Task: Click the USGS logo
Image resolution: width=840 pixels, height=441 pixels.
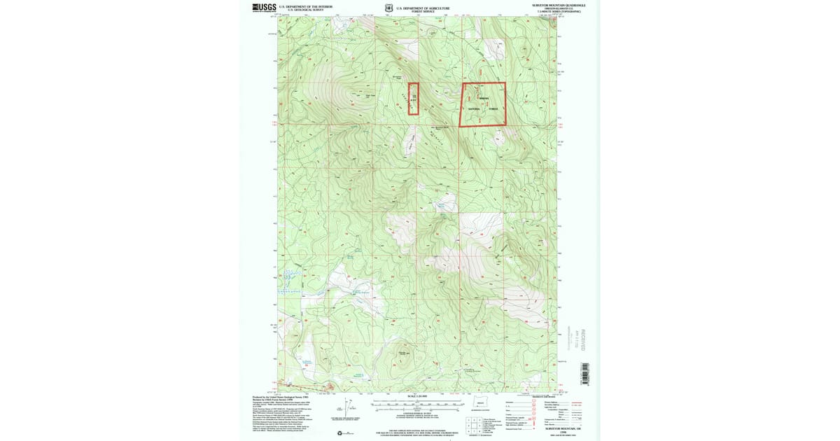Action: point(265,8)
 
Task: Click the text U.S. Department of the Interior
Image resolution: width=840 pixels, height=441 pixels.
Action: point(300,6)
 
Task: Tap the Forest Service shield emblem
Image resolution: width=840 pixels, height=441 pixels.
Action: point(388,8)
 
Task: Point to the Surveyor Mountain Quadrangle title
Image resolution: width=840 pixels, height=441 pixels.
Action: point(557,5)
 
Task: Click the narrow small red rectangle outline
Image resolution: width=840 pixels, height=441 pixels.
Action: point(413,99)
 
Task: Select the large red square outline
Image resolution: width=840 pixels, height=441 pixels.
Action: point(482,104)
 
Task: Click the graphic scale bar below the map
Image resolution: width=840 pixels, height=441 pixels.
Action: point(418,403)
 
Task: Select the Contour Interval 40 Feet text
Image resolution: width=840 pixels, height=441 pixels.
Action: point(418,414)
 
